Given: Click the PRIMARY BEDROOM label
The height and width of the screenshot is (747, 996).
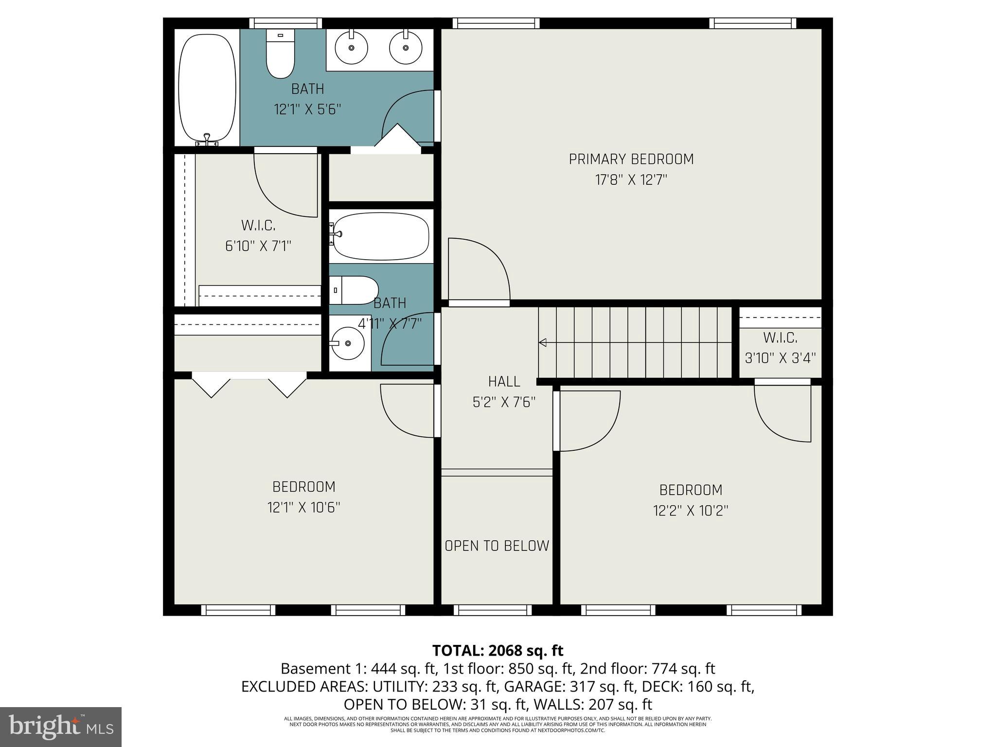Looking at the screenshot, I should coord(631,159).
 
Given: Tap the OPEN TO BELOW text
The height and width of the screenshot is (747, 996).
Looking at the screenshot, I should coord(497,546).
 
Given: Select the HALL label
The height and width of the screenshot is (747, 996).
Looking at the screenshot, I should coord(504,381).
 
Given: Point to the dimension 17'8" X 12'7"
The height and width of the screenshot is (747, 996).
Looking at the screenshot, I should coord(631,180).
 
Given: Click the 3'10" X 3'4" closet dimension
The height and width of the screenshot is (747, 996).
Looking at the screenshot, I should coord(780,358).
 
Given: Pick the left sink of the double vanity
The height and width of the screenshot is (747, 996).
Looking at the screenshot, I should coord(351,47).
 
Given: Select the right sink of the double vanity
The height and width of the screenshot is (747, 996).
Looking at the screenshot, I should coord(405,47).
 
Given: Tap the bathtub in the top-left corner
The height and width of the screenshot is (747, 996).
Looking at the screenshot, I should coord(207,88).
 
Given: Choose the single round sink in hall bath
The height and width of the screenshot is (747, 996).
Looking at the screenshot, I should coord(346,343).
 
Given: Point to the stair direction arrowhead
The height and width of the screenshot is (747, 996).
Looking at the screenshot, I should coord(543,343).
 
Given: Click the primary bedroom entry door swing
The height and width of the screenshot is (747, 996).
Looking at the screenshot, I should coord(479,270).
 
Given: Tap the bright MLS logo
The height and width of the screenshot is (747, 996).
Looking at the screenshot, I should coord(61,727).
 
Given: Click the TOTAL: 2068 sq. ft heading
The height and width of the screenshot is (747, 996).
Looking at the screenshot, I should coord(498,650).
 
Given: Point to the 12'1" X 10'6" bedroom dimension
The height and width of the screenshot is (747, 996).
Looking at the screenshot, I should coord(303,508).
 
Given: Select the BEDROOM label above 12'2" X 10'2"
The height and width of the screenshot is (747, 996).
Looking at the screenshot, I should coord(691,490).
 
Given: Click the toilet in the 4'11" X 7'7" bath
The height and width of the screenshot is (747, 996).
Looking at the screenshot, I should coord(354,290).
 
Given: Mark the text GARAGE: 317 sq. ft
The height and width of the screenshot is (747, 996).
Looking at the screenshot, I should coord(569,686).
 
